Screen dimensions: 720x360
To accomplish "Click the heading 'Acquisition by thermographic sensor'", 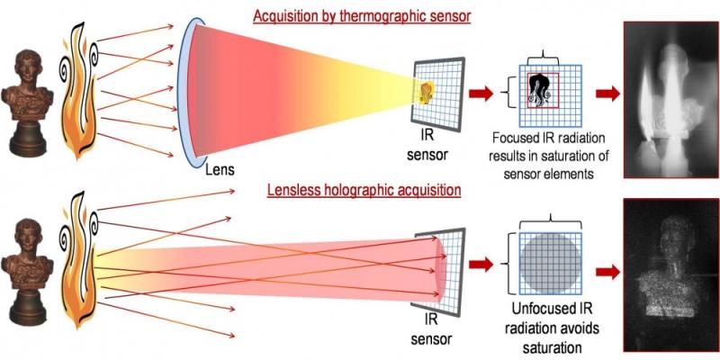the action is [362, 16].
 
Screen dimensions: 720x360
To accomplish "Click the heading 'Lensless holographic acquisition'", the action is [364, 190].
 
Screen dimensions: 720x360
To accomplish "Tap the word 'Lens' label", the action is [220, 170].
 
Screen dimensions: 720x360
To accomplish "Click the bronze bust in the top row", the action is [27, 103].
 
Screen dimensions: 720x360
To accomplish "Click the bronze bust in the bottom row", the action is [27, 272].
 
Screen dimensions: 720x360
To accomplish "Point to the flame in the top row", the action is [79, 89].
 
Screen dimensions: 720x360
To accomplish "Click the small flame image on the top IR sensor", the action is [427, 93].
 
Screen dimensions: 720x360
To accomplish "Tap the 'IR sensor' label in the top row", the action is [427, 147].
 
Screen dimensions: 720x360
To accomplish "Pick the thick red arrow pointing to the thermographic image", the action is [607, 94].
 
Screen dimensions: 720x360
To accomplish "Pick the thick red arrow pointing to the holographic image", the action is [607, 272].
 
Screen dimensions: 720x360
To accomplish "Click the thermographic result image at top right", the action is [671, 100].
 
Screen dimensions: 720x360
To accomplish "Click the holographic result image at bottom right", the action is [671, 274].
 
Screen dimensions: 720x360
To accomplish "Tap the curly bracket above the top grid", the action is [543, 59].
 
